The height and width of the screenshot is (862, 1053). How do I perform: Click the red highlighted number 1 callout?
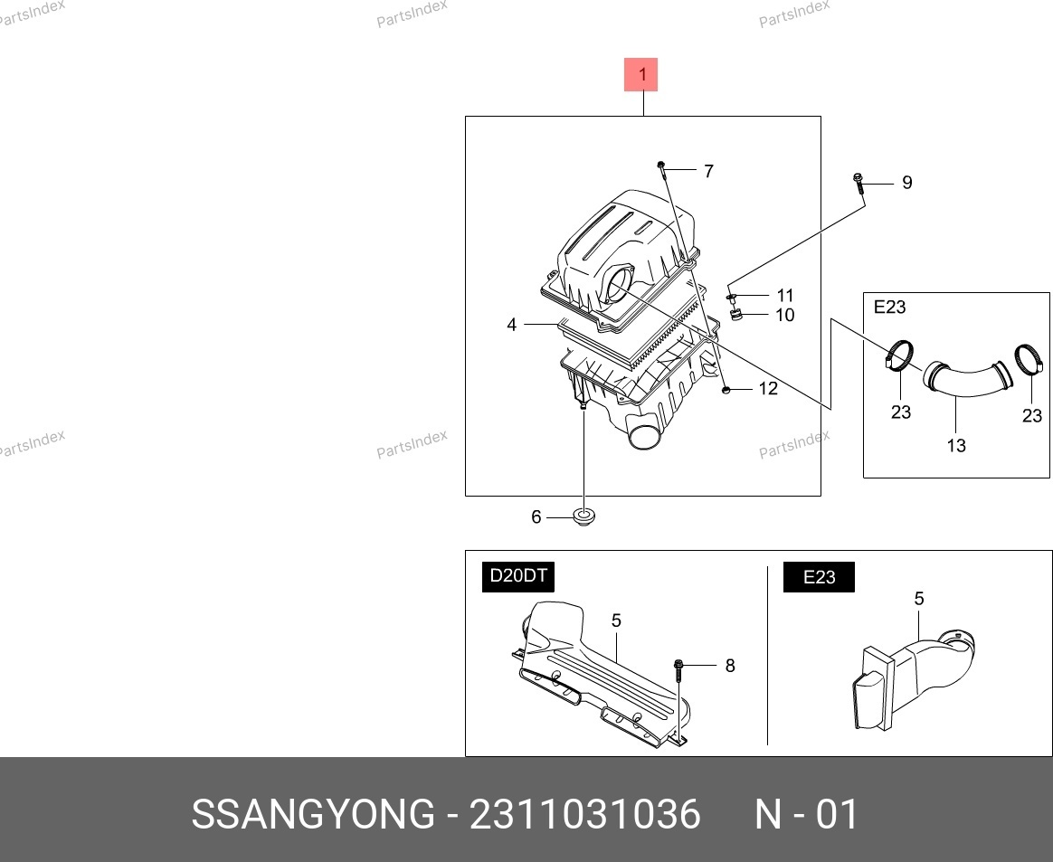coord(640,74)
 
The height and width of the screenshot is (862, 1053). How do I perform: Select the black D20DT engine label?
coord(517,577)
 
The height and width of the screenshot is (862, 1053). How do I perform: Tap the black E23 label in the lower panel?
coord(819,577)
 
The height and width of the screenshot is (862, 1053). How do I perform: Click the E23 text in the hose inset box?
coord(889,307)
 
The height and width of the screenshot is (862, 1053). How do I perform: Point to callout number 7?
coord(708,171)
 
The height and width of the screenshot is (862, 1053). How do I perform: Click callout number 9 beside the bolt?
coord(906,183)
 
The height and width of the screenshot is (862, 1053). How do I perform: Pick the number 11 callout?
coord(785,296)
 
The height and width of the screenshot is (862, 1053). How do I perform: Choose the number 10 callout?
coord(785,315)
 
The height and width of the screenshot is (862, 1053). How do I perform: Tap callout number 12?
coord(768,389)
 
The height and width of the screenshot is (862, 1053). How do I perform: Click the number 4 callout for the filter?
coord(512,325)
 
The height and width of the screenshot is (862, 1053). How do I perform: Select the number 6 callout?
coord(536,517)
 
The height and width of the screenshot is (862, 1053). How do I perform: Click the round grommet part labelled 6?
coord(583,517)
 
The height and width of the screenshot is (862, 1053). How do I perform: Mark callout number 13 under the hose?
coord(955,445)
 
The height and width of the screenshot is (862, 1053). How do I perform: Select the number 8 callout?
coord(730,666)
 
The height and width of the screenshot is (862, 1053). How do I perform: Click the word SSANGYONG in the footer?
coord(313,814)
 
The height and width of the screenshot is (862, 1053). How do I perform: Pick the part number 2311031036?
coord(585,814)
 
